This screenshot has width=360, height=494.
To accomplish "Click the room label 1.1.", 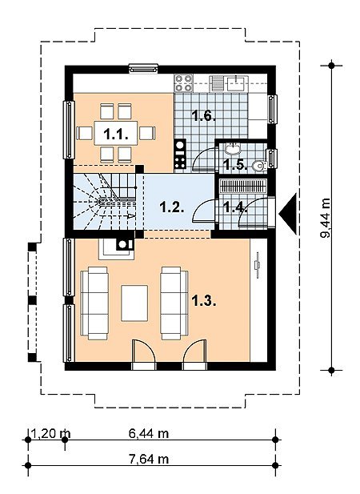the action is click(116, 135).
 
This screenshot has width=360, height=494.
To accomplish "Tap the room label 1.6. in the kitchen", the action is click(204, 116).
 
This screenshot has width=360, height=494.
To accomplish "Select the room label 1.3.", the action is click(204, 301).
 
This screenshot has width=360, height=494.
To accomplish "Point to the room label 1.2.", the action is click(172, 207).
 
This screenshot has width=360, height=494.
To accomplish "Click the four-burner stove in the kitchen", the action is click(184, 83).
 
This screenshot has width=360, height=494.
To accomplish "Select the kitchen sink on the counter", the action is click(237, 82).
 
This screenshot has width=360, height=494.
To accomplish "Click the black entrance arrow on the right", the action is click(288, 214).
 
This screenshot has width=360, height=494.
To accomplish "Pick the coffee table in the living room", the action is click(134, 303).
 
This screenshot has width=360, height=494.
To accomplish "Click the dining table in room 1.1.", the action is click(116, 133).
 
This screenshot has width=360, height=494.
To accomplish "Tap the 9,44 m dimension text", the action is click(326, 218).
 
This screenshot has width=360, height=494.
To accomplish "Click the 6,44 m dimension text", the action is click(149, 433).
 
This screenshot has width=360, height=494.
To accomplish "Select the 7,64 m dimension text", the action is click(149, 459).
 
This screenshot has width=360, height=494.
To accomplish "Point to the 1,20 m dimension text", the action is click(51, 433).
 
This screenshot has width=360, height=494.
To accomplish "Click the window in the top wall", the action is click(143, 68).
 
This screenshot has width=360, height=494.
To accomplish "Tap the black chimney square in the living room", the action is click(124, 244).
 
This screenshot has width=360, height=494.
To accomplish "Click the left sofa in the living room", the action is click(94, 303).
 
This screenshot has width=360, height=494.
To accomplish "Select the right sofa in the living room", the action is click(174, 303).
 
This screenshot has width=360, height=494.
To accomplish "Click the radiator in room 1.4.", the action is click(243, 186).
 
